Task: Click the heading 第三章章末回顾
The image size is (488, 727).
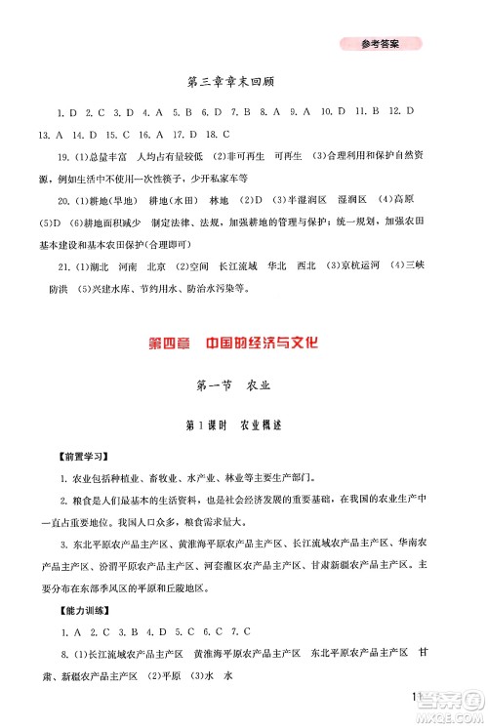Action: [244, 83]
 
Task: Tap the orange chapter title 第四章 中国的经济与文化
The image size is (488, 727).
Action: [244, 343]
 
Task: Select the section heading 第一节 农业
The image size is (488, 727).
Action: [244, 389]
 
